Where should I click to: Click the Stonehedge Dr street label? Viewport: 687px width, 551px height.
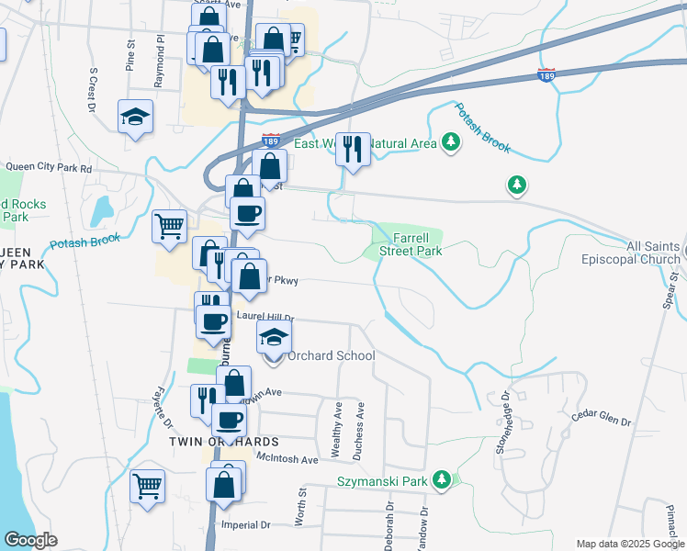(503, 422)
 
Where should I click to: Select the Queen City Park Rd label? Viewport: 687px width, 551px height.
(48, 168)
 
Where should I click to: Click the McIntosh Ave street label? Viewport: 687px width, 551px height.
(287, 458)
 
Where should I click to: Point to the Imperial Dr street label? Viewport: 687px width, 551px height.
(246, 525)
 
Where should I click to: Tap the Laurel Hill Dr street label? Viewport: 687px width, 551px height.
(265, 316)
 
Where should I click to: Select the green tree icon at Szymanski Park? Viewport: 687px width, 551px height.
(442, 479)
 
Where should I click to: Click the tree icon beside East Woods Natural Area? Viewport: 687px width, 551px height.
(450, 141)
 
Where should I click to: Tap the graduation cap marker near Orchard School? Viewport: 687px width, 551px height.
(273, 339)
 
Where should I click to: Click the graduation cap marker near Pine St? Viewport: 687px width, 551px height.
(136, 117)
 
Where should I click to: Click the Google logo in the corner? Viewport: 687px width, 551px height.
(30, 540)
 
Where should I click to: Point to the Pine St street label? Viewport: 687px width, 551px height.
(130, 57)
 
